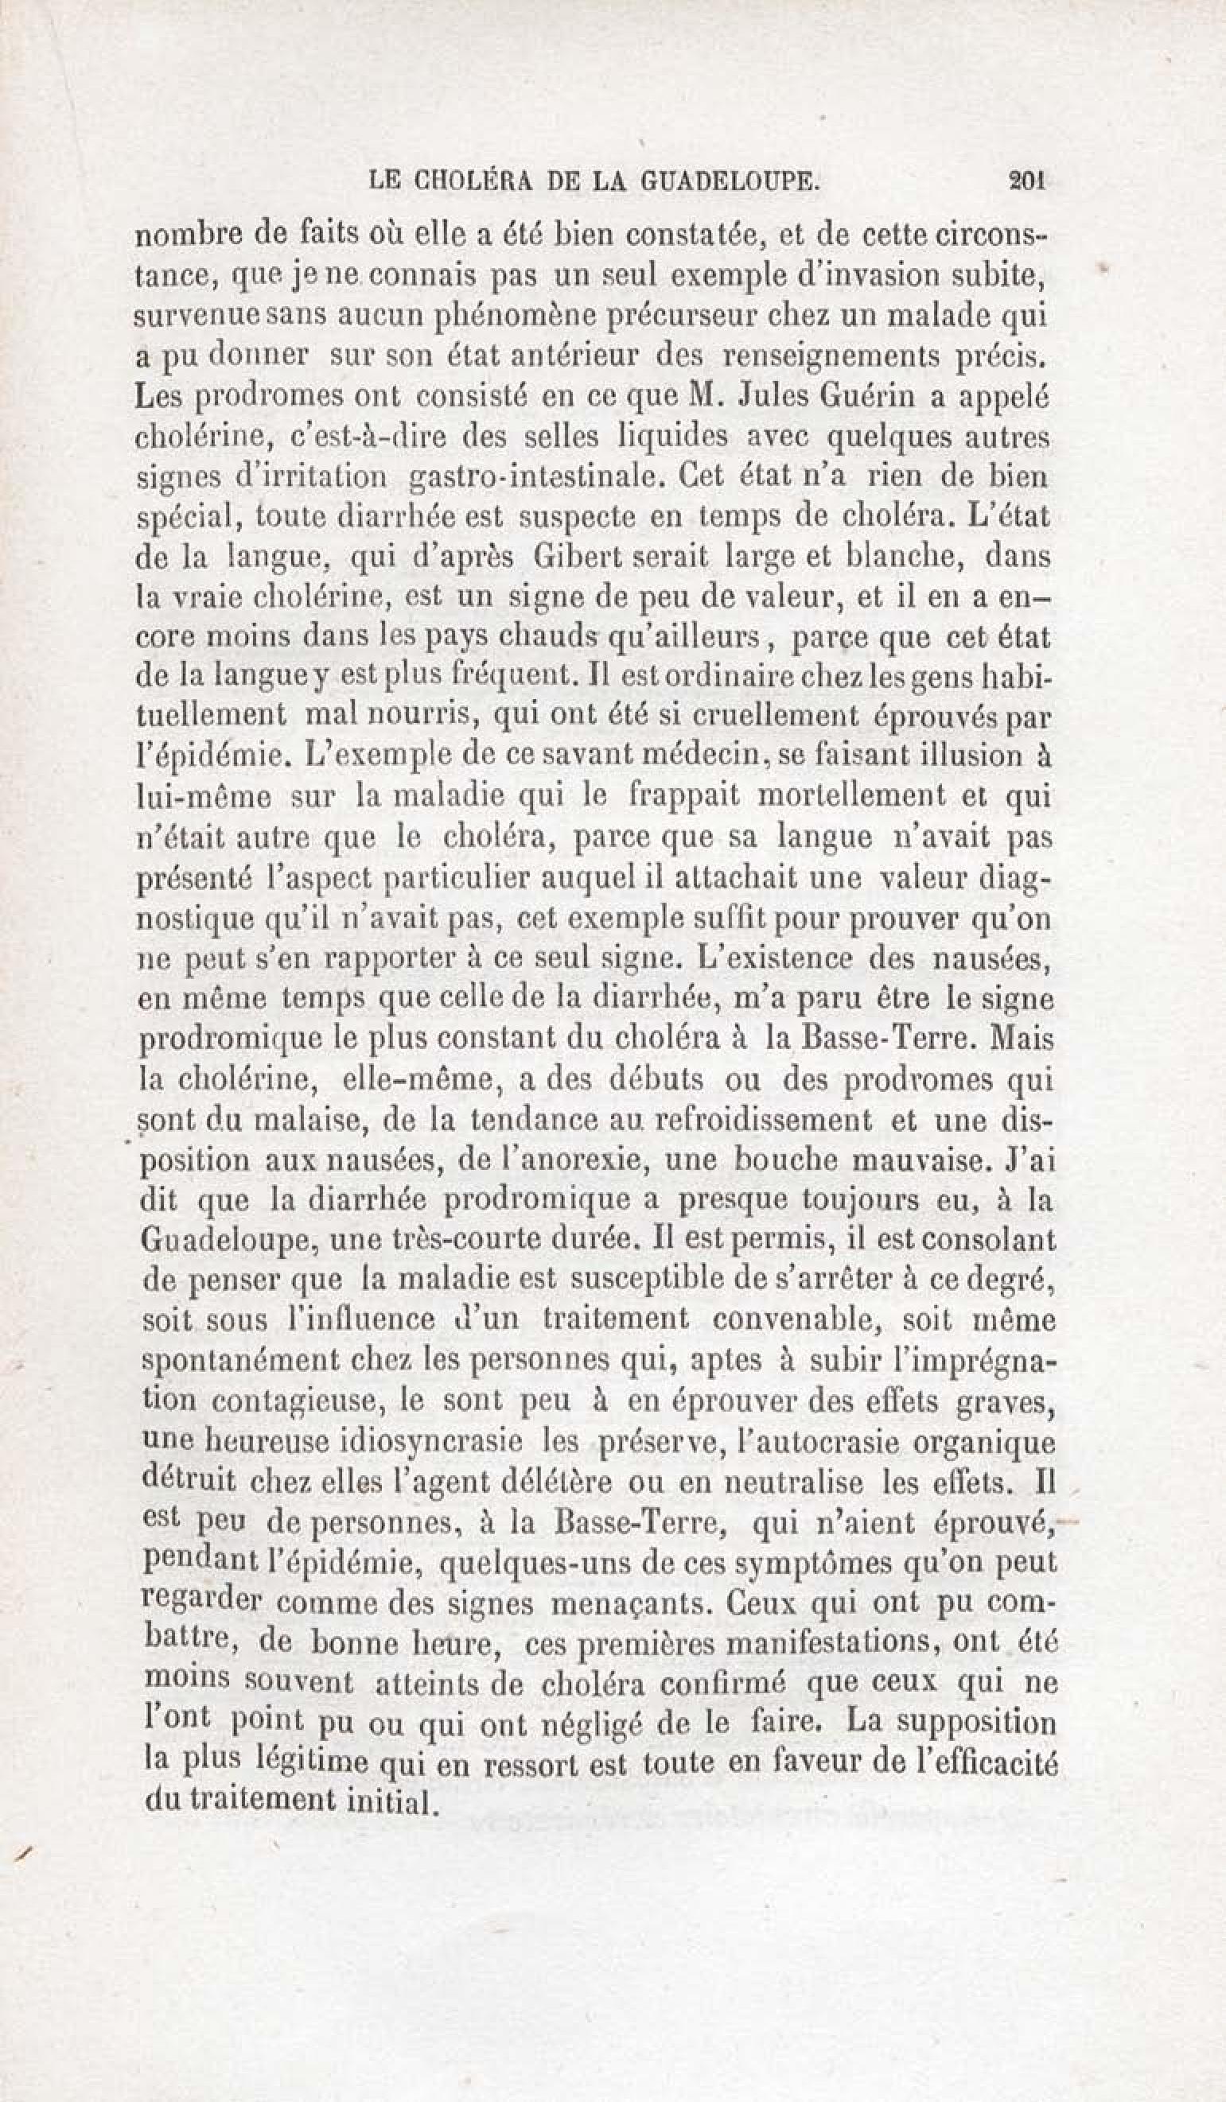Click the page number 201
(1026, 181)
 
